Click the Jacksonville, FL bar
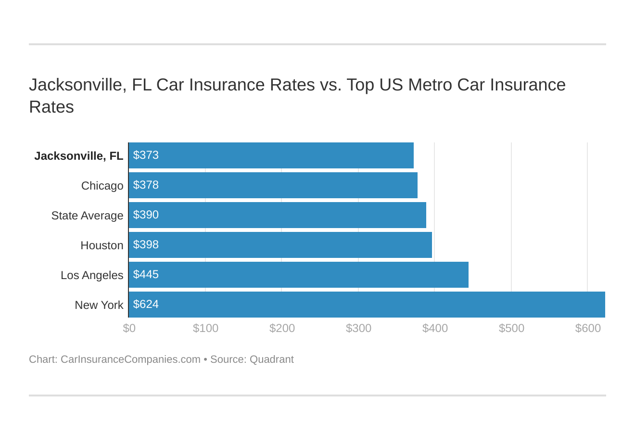pos(271,155)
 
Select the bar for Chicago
pos(273,185)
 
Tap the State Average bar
pos(278,215)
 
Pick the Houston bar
pos(280,245)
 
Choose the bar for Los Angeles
pos(299,275)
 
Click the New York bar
pos(367,305)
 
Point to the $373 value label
pos(146,155)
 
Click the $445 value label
pos(146,274)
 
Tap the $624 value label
pos(146,304)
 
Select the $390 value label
pos(146,215)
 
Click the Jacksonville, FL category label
pos(79,156)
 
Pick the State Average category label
pos(87,216)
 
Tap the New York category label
pos(99,305)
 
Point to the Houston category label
pos(102,245)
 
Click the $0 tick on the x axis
pos(129,328)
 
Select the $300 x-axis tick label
pos(358,328)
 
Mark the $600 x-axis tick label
pos(588,328)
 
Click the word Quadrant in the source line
pos(271,359)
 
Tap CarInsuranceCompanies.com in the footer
pos(130,359)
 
